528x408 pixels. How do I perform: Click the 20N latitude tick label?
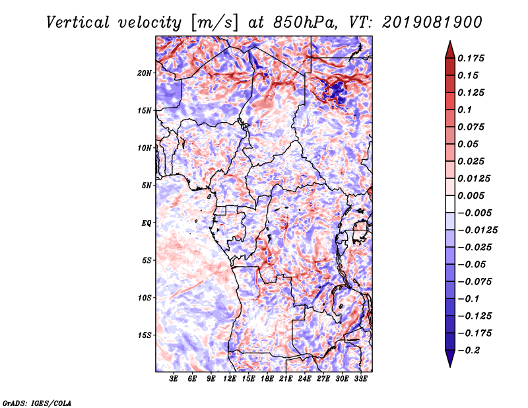pyautogui.click(x=145, y=73)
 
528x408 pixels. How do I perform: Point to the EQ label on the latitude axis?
pyautogui.click(x=147, y=223)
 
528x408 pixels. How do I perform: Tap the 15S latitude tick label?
pyautogui.click(x=145, y=335)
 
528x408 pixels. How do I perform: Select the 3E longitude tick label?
pyautogui.click(x=174, y=378)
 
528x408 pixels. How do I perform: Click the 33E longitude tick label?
pyautogui.click(x=360, y=378)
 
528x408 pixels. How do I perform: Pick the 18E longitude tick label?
pyautogui.click(x=267, y=378)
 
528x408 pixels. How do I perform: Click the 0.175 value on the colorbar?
pyautogui.click(x=471, y=58)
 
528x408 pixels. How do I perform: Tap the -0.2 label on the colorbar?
pyautogui.click(x=469, y=351)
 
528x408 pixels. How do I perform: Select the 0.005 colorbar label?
pyautogui.click(x=471, y=195)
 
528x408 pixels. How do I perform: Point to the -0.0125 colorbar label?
pyautogui.click(x=477, y=230)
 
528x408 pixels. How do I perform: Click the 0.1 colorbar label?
pyautogui.click(x=465, y=110)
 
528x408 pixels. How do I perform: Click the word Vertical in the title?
pyautogui.click(x=78, y=22)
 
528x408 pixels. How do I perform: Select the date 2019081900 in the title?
pyautogui.click(x=432, y=22)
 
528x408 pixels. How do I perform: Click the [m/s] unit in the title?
pyautogui.click(x=214, y=23)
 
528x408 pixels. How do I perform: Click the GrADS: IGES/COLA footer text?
pyautogui.click(x=37, y=403)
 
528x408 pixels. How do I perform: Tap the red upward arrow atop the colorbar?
pyautogui.click(x=450, y=50)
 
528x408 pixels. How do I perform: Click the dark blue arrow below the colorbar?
pyautogui.click(x=450, y=358)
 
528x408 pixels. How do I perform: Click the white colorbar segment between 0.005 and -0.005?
pyautogui.click(x=450, y=204)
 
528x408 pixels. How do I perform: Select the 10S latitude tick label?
pyautogui.click(x=145, y=298)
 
